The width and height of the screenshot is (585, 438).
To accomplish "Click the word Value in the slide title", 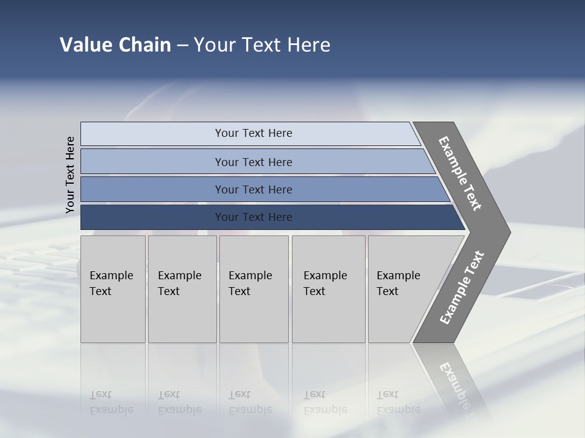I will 85,45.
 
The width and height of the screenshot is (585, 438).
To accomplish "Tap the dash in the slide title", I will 182,46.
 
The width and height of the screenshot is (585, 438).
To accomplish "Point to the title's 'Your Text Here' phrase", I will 262,45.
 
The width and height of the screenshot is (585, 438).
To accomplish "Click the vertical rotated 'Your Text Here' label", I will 70,175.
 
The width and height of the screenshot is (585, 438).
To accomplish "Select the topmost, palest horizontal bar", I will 253,133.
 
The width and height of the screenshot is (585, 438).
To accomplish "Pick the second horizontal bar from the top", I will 253,162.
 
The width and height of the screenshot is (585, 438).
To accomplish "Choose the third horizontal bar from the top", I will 253,189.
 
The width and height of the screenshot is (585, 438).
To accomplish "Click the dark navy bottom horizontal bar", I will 253,217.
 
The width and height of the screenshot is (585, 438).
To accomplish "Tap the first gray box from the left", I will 113,289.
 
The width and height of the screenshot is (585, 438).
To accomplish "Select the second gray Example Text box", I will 182,289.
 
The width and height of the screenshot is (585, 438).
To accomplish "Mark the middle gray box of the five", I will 253,289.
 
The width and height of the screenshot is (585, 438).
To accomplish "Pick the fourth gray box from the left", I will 328,289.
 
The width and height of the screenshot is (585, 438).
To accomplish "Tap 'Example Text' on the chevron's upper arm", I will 460,173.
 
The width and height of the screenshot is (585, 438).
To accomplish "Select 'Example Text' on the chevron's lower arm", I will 462,288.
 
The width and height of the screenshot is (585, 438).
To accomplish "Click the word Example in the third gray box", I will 250,276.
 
